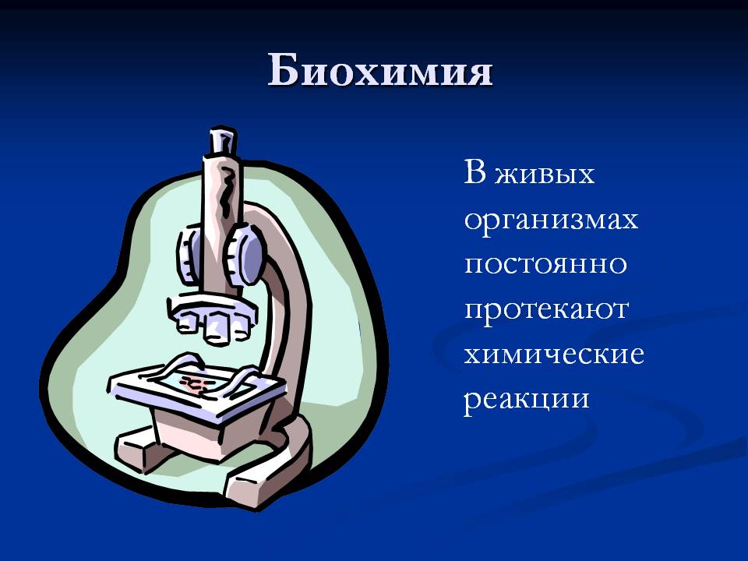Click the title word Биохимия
(379, 71)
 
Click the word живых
(545, 173)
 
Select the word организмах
(551, 221)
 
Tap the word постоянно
(545, 264)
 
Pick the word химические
(554, 355)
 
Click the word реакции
(527, 400)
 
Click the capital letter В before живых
(475, 171)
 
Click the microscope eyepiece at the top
(222, 141)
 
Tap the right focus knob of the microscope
(244, 256)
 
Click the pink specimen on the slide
(195, 383)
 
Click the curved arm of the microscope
(282, 305)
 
